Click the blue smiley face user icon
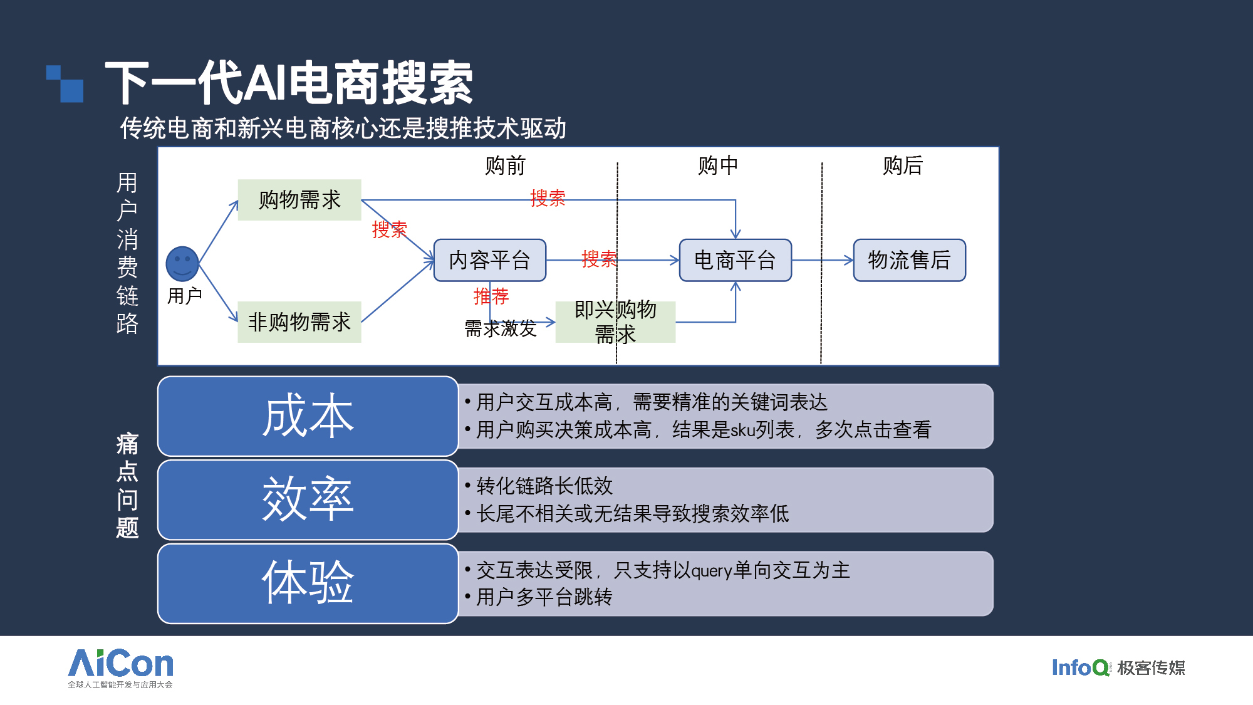[182, 264]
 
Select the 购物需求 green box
[299, 200]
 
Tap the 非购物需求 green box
[299, 322]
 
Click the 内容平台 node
[490, 260]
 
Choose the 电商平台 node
[736, 260]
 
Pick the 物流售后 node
[910, 260]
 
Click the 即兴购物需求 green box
[616, 322]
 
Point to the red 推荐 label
[491, 296]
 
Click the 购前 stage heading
[505, 165]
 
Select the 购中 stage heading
[718, 165]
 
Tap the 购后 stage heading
[903, 165]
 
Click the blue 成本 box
[308, 416]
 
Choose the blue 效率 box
[308, 500]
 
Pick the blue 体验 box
[308, 583]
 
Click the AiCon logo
[120, 668]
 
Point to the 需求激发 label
[501, 328]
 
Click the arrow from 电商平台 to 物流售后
[823, 260]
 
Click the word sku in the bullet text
[742, 430]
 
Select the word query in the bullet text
[712, 571]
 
